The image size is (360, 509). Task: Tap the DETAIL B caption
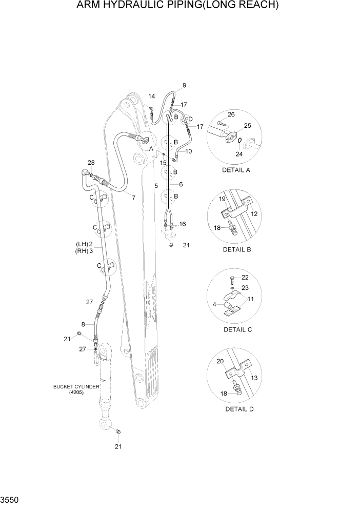[x=236, y=249]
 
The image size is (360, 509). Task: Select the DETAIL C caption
[x=237, y=329]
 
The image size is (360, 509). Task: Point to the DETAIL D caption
[x=239, y=409]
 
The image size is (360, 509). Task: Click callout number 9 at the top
[x=184, y=85]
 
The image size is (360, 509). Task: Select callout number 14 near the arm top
[x=152, y=96]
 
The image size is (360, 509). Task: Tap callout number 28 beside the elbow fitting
[x=91, y=163]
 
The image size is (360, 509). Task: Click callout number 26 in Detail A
[x=231, y=114]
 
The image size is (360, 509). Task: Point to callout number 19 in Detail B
[x=223, y=199]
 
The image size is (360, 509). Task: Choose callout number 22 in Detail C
[x=245, y=278]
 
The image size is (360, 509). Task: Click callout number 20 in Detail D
[x=220, y=361]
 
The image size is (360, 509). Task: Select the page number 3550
[x=11, y=499]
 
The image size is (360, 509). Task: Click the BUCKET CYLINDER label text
[x=76, y=386]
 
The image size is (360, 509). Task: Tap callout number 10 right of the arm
[x=189, y=151]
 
